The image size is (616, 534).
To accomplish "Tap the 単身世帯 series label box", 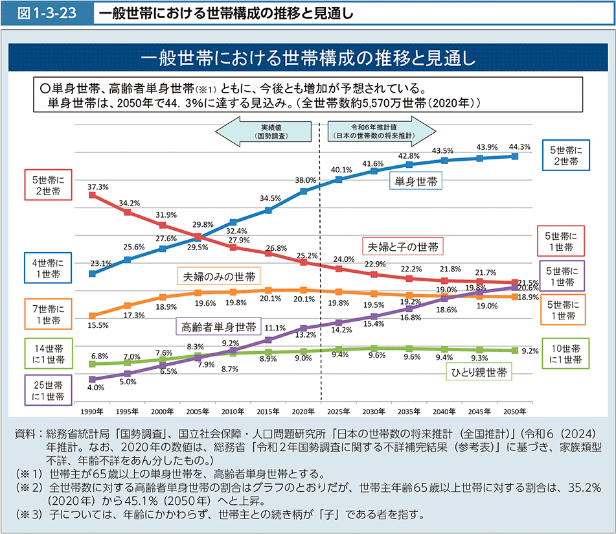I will point(415,182).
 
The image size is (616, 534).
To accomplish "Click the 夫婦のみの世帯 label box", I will point(218,277).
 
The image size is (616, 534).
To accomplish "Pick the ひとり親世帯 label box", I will point(479,371).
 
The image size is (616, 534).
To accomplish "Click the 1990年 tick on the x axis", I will point(91,412).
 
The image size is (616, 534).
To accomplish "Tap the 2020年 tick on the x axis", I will point(303,412).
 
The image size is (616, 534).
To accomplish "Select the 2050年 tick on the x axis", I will point(515,412).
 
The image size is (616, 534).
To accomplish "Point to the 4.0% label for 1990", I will point(96,388).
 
